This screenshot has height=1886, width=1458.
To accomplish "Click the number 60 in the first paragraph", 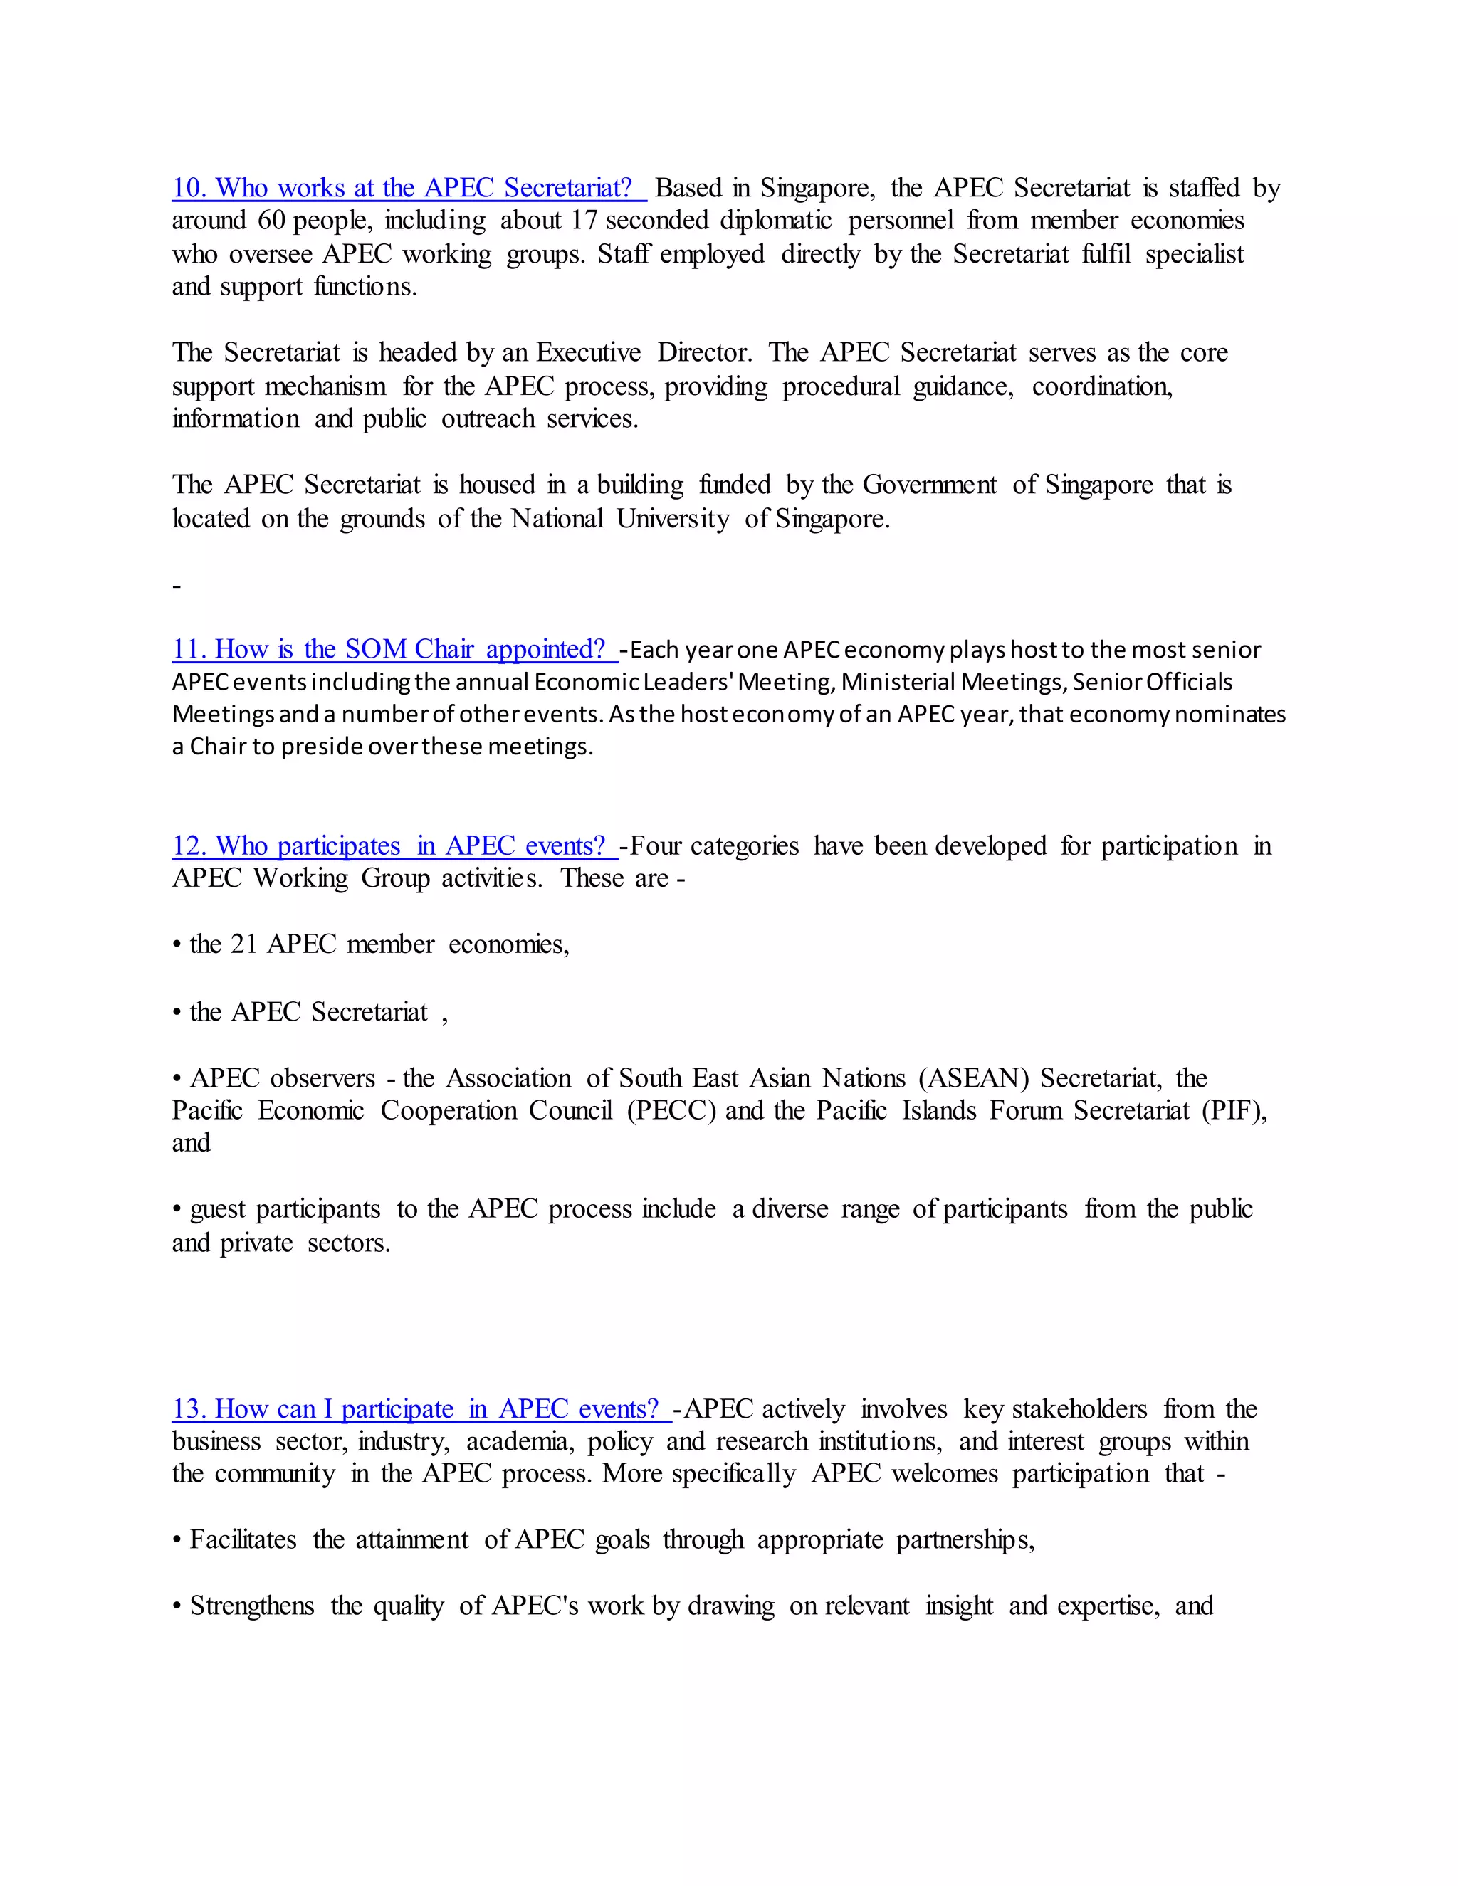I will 271,221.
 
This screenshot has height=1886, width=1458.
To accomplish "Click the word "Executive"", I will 588,353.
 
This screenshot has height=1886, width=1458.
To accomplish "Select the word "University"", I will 673,519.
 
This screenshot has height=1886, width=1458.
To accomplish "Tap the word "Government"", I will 929,485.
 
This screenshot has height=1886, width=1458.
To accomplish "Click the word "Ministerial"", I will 898,683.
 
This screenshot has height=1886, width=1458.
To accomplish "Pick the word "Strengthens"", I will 251,1606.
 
